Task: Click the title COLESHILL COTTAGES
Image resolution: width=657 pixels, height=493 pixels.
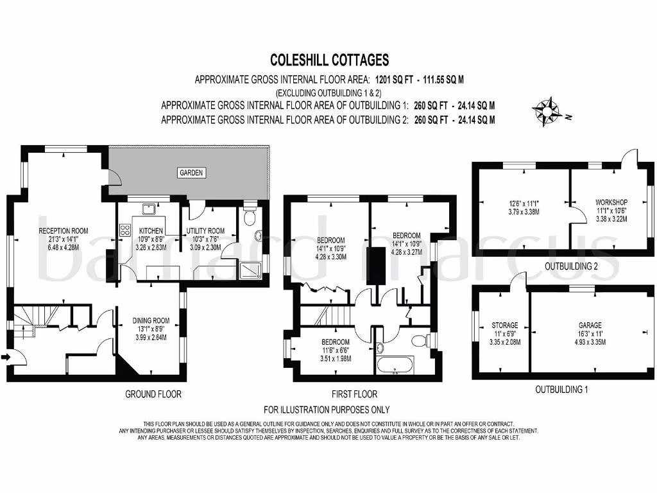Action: point(329,60)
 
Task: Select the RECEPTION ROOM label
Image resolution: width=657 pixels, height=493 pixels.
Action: point(63,231)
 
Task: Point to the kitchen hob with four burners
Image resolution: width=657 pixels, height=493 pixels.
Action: point(124,229)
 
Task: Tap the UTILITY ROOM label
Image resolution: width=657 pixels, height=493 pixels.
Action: point(205,231)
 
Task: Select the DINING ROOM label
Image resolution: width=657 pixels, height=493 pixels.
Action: point(151,321)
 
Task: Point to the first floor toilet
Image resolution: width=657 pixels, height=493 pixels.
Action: point(420,340)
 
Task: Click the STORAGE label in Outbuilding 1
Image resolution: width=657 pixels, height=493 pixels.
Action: point(505,325)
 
